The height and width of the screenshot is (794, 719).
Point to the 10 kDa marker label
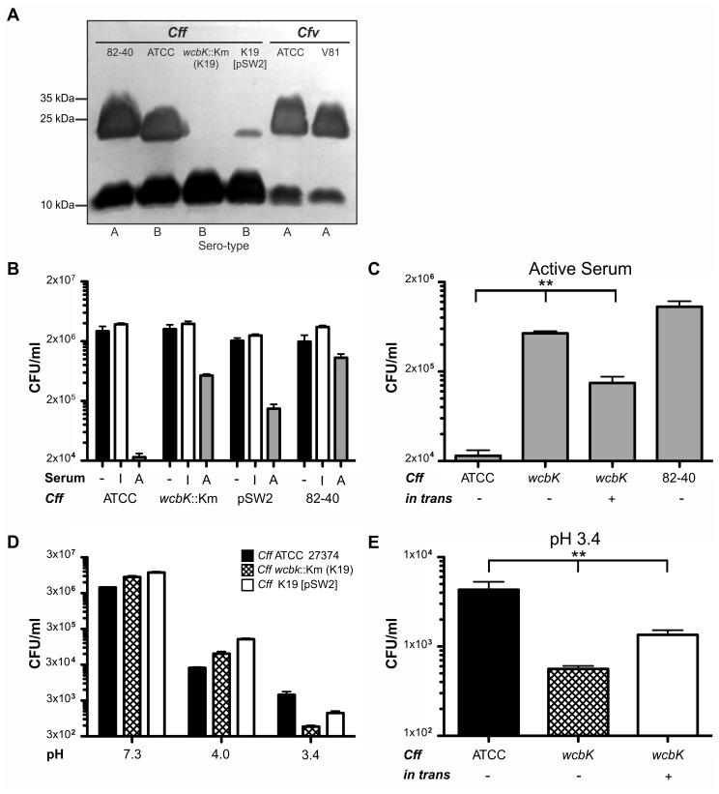pyautogui.click(x=46, y=205)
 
